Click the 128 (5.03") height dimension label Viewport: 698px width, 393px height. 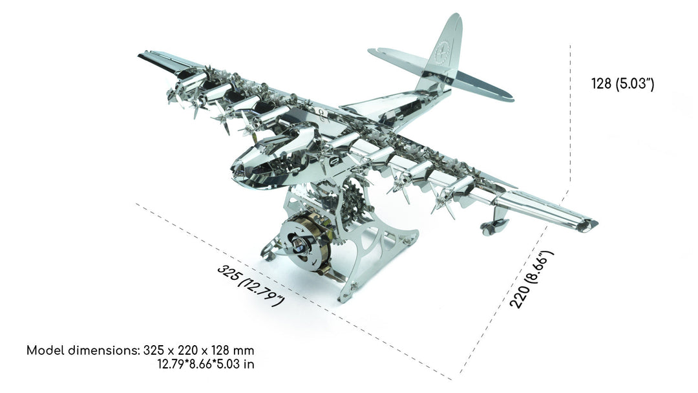[622, 83]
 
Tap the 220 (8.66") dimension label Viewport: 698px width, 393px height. [531, 279]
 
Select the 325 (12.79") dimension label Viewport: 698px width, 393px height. [251, 285]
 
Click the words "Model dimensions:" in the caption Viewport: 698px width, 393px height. [83, 350]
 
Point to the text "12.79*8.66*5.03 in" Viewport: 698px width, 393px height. [206, 364]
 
